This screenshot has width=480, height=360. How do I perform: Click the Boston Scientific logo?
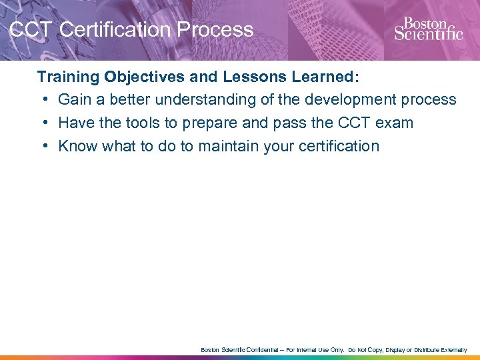click(428, 29)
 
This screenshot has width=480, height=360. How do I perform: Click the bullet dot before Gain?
click(43, 100)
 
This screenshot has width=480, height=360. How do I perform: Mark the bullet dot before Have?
click(43, 123)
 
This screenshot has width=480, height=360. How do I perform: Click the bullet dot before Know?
click(43, 147)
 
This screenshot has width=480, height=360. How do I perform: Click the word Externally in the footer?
click(451, 349)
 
